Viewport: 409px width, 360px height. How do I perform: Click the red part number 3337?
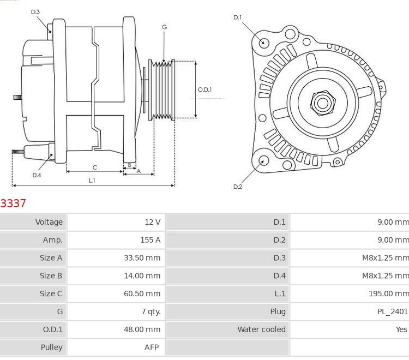[x=13, y=203]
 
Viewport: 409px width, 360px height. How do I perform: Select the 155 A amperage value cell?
[x=150, y=239]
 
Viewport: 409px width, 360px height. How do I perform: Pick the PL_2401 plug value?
[x=392, y=311]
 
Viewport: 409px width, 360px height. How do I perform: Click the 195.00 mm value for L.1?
[x=388, y=293]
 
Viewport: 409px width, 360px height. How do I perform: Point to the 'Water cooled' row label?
[x=261, y=329]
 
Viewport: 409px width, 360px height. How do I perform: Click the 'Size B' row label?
[x=51, y=275]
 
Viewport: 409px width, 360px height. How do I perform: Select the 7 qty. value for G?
[x=151, y=311]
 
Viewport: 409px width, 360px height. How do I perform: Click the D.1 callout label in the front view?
[x=237, y=17]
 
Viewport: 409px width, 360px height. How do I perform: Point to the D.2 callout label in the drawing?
[x=237, y=187]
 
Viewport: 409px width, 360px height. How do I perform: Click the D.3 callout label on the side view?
[x=35, y=11]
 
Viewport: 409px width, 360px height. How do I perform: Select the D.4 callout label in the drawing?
[x=37, y=175]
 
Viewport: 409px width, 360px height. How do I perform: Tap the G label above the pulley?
[x=164, y=27]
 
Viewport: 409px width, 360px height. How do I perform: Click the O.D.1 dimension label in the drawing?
[x=204, y=89]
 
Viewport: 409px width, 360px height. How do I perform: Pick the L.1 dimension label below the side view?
[x=92, y=180]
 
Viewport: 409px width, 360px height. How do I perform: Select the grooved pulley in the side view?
[x=163, y=90]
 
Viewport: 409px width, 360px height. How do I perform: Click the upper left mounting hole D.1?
[x=264, y=43]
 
